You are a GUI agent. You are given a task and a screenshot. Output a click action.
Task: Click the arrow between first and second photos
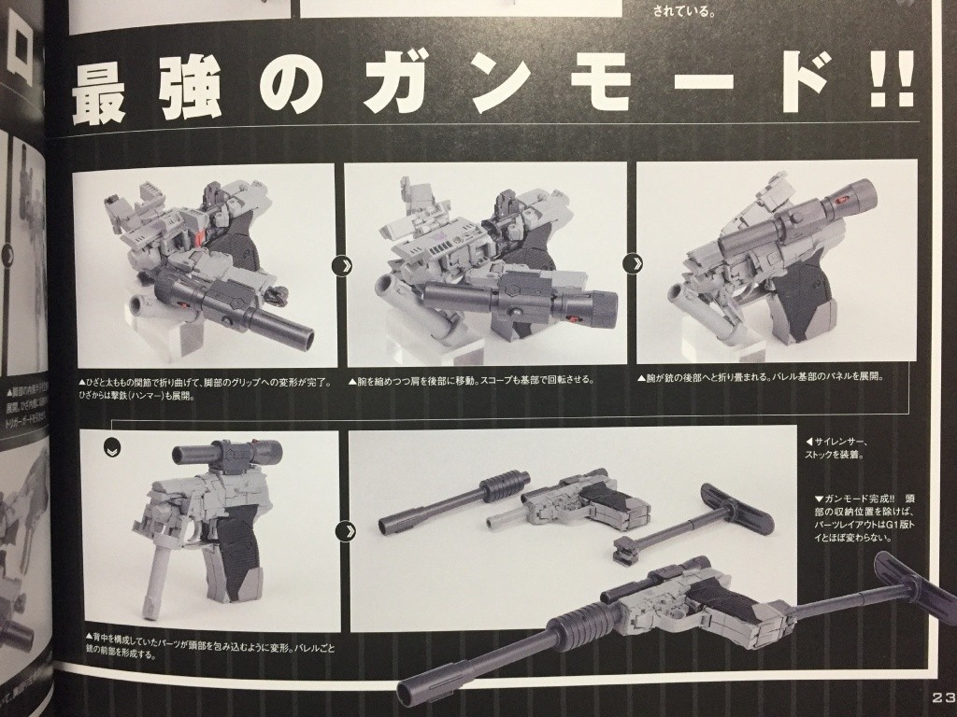[341, 265]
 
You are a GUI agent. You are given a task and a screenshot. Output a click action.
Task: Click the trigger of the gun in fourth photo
[195, 551]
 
